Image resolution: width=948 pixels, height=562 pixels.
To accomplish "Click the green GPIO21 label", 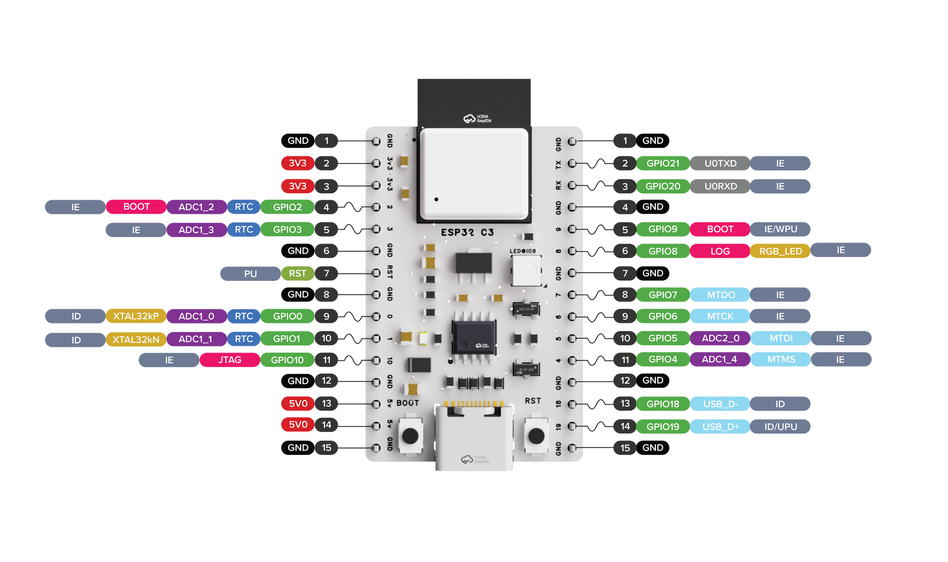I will point(663,164).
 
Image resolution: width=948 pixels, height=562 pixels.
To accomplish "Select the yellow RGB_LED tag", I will point(780,251).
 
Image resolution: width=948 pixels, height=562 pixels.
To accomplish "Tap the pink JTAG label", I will point(229,360).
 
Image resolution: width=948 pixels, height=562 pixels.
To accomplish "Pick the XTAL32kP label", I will point(136,316).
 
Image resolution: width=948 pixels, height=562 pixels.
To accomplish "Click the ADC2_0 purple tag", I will point(720,338).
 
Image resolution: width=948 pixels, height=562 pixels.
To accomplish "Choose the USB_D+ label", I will point(720,427).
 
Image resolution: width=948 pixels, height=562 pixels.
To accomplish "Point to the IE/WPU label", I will point(780,229).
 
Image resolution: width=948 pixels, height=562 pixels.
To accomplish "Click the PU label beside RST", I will point(250,274).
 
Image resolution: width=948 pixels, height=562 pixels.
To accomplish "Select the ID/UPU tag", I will point(780,427).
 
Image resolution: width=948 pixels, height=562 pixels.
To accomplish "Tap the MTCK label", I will point(720,316).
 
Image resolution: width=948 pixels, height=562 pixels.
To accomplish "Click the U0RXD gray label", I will point(720,186).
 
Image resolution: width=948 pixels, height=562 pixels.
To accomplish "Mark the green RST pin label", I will point(298,274).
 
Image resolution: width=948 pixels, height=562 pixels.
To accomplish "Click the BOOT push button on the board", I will point(410,435).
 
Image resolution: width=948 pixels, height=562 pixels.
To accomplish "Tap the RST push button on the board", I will point(536,435).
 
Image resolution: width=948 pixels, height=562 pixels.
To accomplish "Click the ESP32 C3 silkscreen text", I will point(467,233).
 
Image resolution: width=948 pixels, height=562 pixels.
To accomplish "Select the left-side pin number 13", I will point(326,403).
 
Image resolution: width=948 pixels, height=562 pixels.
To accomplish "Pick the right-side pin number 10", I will point(625,338).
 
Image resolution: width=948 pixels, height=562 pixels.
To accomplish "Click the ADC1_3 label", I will point(196,230).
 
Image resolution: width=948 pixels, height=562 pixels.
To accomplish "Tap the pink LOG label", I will point(720,251).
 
